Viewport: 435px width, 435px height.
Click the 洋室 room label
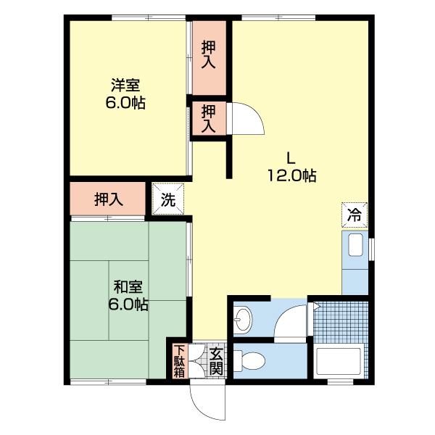tap(125, 85)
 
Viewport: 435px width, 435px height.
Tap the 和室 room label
tap(128, 287)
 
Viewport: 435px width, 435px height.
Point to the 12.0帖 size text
tap(292, 175)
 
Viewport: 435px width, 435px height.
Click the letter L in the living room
tap(291, 159)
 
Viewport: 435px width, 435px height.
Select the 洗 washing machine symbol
tap(168, 199)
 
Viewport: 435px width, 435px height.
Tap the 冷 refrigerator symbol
tap(355, 215)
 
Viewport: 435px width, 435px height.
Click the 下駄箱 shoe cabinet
tap(179, 361)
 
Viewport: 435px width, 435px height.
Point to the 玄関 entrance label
tap(216, 361)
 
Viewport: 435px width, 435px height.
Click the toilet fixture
tap(249, 360)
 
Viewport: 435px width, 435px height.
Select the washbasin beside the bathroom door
tap(242, 319)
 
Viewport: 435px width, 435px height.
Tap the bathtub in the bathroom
tap(339, 360)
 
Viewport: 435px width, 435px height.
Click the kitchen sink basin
tap(355, 245)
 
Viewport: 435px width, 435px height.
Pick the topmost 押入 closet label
tap(208, 54)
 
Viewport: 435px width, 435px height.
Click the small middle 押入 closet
tap(208, 118)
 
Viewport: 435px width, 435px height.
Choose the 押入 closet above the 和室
tap(107, 199)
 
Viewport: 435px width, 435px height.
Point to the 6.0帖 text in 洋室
tap(125, 103)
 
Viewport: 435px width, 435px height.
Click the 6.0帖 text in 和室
tap(128, 304)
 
